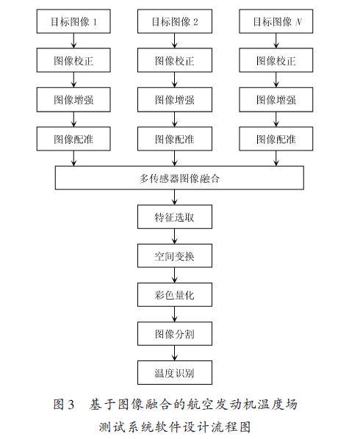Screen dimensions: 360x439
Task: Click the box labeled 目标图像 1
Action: coord(73,21)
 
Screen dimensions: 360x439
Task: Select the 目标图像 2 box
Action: coord(175,21)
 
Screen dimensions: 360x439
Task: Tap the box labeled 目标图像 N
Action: coord(276,21)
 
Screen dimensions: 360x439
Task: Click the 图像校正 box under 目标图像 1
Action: coord(73,60)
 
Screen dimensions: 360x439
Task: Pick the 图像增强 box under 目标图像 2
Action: coord(175,100)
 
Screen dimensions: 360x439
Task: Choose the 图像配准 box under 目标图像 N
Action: coord(276,139)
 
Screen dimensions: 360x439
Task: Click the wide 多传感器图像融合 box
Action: coord(179,178)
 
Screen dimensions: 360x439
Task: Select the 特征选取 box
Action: coord(175,217)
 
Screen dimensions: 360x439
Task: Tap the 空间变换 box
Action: coord(175,255)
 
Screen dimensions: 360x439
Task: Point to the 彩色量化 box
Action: coord(175,294)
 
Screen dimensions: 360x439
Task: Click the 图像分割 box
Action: coord(175,333)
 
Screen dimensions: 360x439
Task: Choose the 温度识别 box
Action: coord(175,372)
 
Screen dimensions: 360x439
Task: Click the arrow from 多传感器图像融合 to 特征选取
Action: coord(175,197)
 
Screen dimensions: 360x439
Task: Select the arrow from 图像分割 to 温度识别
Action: coord(175,353)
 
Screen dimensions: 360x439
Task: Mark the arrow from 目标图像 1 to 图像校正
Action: coord(73,41)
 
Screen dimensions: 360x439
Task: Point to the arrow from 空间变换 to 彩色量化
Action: coord(175,275)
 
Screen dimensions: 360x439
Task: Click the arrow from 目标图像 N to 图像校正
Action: coord(276,41)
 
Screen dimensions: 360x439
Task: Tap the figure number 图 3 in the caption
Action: coord(64,404)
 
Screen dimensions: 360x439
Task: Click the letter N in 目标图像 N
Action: coord(298,21)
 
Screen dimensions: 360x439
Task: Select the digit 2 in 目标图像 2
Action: coord(195,21)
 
